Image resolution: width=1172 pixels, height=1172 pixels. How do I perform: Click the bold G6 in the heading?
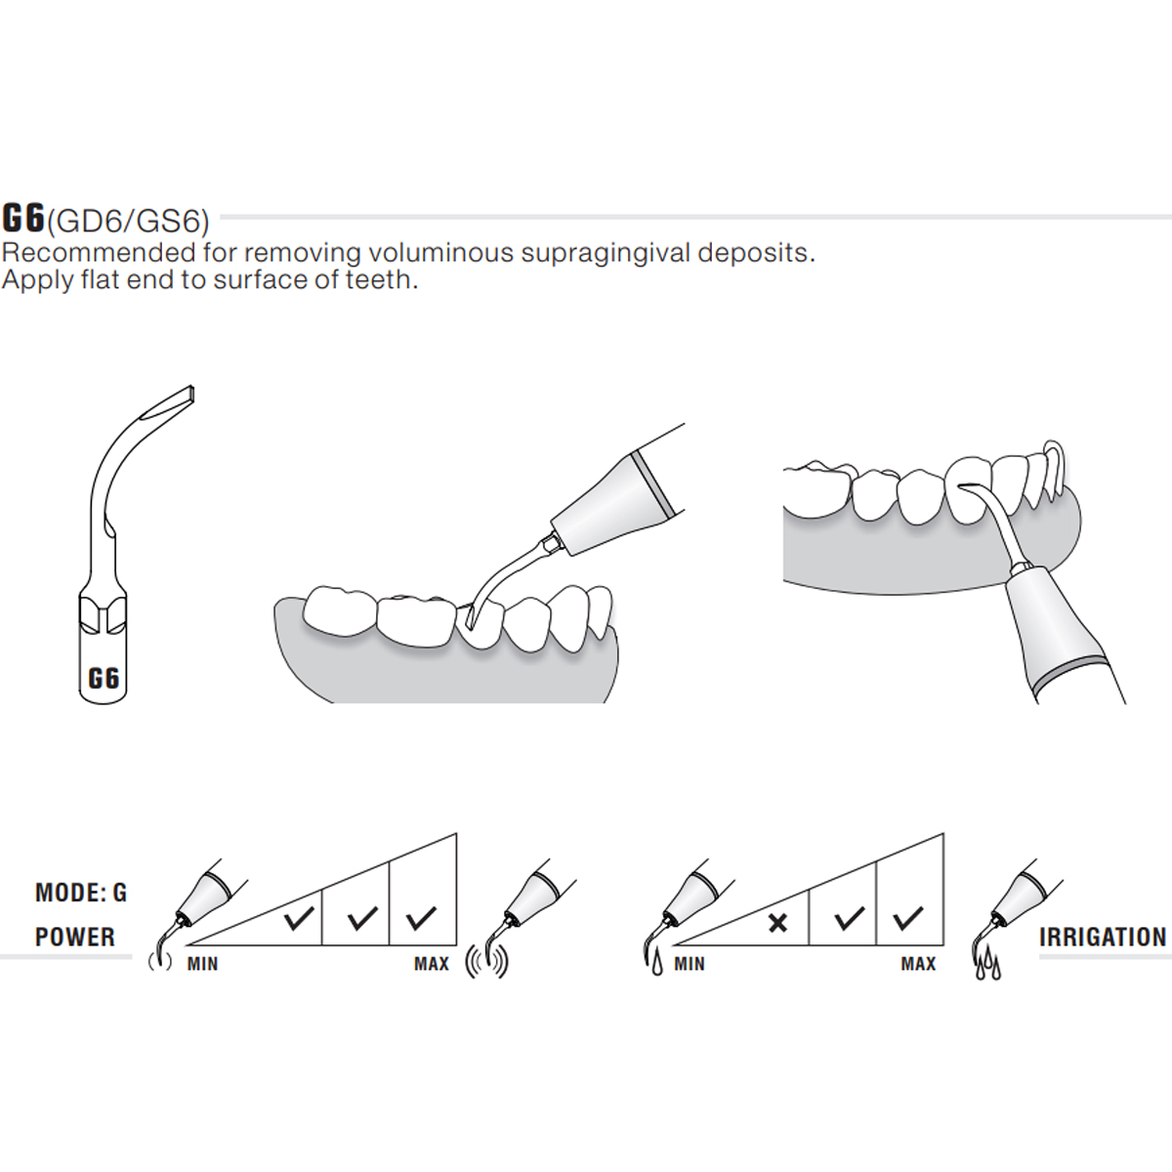point(24,217)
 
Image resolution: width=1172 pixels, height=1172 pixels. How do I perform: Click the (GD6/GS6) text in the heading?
point(128,221)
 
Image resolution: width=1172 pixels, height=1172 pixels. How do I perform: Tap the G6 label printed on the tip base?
point(104,677)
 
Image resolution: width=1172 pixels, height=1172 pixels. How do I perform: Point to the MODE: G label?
point(81,893)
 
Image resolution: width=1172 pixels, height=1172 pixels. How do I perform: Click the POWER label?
point(75,937)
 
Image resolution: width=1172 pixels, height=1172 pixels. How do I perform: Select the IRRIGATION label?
point(1103,938)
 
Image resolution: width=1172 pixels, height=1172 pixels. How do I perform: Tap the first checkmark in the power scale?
point(298,918)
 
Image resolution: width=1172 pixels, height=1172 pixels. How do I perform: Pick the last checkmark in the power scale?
point(422,918)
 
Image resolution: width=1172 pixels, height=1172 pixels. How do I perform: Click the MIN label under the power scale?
point(202,964)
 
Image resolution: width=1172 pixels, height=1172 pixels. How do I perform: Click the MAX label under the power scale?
point(431,964)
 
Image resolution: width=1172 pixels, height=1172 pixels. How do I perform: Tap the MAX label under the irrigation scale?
point(918,964)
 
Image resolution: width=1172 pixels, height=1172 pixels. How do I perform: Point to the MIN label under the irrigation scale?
point(689,964)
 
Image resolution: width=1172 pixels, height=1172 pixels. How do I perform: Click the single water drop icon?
point(654,963)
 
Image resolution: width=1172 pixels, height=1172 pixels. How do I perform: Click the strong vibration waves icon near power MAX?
point(488,960)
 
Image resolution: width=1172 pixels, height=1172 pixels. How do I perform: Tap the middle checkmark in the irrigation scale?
point(850,918)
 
